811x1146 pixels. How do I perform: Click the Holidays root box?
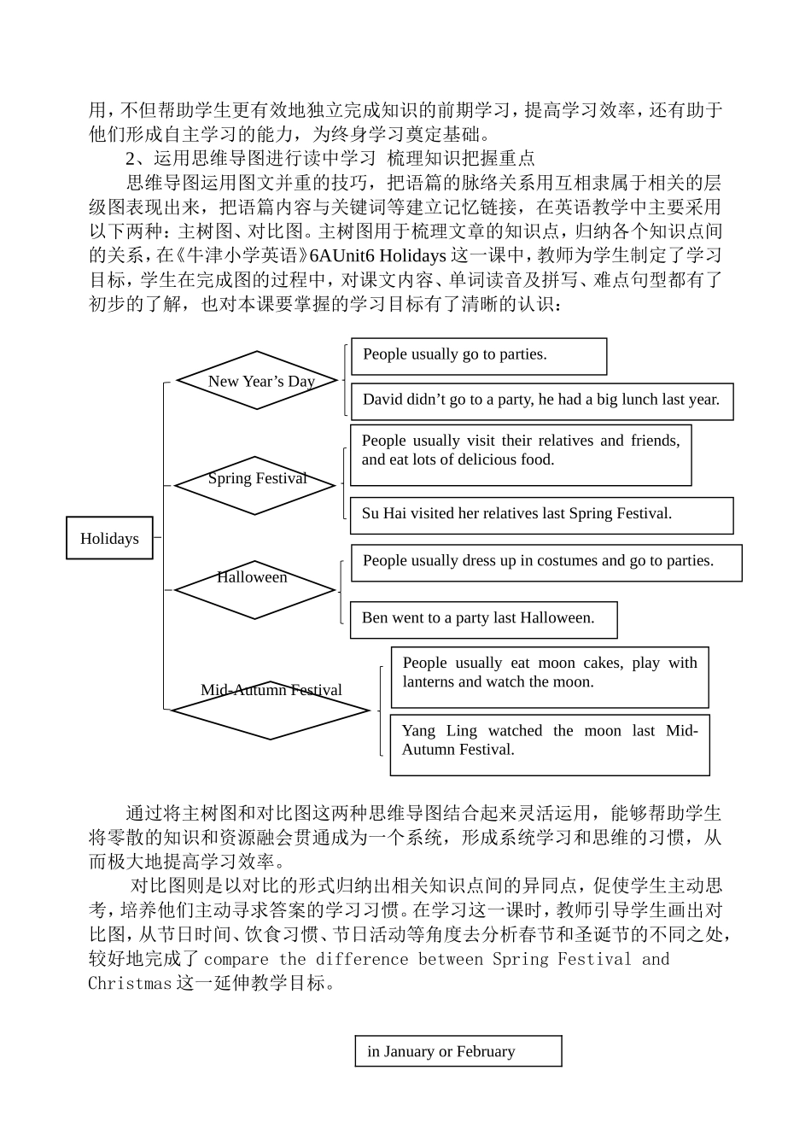109,538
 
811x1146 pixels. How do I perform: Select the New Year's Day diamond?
257,381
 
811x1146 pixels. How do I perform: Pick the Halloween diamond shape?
254,589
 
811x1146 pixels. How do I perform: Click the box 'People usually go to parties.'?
479,355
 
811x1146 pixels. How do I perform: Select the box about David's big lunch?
542,401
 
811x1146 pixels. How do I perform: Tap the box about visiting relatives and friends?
520,454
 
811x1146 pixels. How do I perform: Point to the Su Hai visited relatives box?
541,515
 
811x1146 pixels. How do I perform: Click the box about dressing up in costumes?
546,563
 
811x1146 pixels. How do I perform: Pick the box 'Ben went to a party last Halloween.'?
483,619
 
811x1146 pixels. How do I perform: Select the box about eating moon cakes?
550,676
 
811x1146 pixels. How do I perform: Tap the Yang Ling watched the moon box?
550,744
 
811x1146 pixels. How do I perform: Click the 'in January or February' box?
458,1051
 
